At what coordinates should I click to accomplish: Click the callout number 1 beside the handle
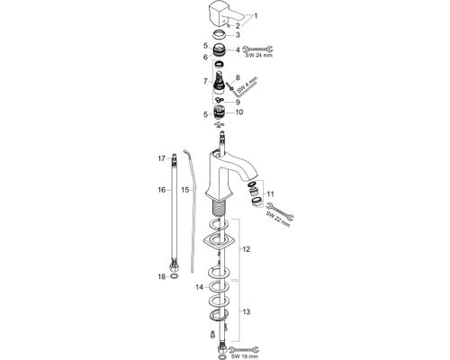[256, 16]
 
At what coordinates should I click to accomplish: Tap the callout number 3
[238, 35]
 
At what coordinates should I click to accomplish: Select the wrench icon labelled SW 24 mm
[257, 49]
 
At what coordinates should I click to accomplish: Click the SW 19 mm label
[245, 356]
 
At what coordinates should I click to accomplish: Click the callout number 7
[205, 81]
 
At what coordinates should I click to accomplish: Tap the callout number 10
[239, 112]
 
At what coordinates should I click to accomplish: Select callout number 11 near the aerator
[271, 194]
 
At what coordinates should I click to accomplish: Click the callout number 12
[247, 249]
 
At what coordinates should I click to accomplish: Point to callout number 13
[247, 312]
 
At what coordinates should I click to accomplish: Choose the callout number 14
[199, 287]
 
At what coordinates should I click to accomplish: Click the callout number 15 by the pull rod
[184, 190]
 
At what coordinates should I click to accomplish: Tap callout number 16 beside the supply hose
[162, 190]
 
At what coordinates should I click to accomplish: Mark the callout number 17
[162, 158]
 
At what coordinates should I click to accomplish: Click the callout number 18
[162, 276]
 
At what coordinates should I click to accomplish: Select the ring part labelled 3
[220, 35]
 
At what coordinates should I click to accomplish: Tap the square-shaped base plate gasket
[218, 241]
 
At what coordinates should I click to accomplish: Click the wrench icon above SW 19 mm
[244, 349]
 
